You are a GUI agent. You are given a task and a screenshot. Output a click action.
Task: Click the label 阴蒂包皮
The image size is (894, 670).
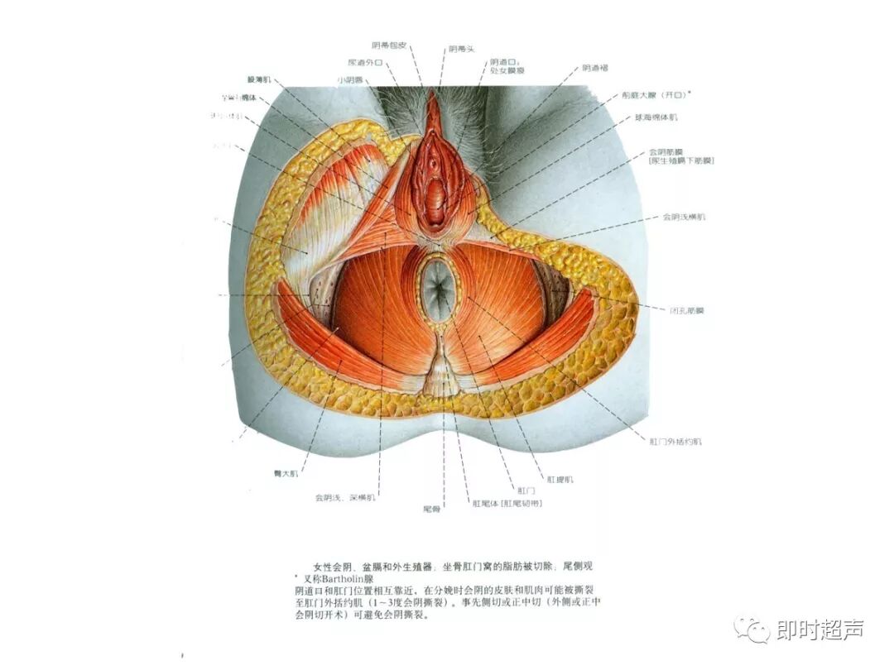pos(389,45)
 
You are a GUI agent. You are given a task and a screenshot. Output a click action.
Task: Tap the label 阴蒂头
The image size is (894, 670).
pos(462,49)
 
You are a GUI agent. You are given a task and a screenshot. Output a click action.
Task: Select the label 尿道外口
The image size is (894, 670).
pos(365,62)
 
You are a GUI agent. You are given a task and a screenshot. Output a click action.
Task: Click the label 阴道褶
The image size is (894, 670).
pos(595,68)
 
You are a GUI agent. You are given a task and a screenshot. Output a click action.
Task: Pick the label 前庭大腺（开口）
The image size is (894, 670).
pos(656,95)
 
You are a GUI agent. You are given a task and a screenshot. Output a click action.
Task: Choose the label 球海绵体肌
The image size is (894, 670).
pos(656,117)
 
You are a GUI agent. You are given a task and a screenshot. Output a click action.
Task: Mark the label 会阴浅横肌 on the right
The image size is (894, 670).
pos(684,218)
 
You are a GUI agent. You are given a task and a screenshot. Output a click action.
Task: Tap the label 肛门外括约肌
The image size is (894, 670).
pos(675,442)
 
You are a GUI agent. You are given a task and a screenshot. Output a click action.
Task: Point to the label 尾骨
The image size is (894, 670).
pos(431,509)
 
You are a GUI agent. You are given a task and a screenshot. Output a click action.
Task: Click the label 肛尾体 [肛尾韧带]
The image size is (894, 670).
pos(507,503)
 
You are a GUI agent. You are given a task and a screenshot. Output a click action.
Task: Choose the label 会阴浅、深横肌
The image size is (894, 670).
pos(345,498)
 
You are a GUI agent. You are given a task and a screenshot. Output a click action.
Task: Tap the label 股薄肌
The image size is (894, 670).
pos(260,79)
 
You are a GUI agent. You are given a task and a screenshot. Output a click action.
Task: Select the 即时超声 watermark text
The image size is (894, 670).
pos(819,630)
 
